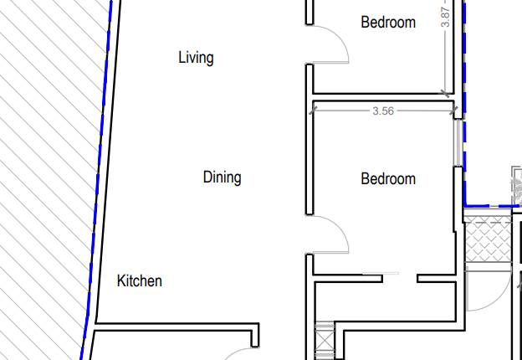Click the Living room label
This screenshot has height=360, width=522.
(196, 58)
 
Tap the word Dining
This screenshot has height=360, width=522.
(222, 177)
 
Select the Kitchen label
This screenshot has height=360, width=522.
(139, 281)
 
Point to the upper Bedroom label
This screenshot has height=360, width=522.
(388, 23)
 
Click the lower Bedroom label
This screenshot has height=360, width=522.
(388, 179)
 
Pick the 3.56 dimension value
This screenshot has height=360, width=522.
(383, 111)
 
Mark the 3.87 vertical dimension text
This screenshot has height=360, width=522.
(446, 17)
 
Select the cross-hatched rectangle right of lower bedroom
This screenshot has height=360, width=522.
(487, 240)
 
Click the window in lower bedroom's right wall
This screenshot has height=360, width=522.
(458, 143)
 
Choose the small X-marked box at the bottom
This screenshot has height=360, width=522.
(324, 341)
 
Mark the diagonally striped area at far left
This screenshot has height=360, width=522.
(42, 167)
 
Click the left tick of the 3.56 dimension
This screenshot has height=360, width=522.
(314, 109)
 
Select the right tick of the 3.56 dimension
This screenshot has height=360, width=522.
(453, 109)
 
